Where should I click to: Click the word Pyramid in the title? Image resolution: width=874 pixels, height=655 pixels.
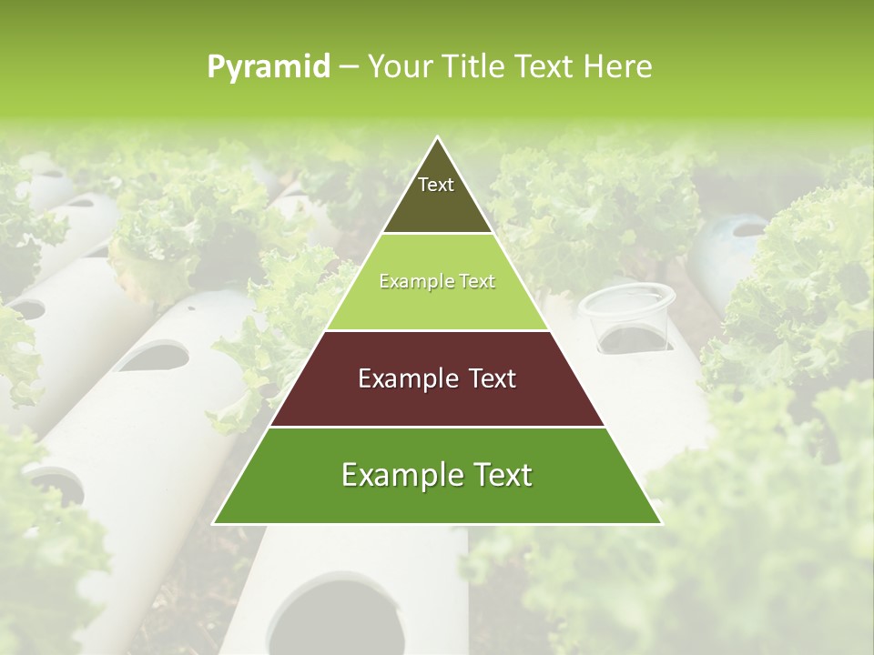269,67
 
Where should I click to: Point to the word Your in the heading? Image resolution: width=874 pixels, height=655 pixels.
398,66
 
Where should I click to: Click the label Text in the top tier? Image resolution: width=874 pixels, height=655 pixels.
436,185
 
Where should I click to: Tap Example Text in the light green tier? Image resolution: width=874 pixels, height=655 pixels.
437,281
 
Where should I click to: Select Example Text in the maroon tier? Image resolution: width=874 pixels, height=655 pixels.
437,378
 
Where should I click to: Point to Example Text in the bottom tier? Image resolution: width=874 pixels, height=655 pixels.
437,475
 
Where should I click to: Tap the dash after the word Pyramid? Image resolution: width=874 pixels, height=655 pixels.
349,67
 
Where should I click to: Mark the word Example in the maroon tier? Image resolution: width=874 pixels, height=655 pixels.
407,378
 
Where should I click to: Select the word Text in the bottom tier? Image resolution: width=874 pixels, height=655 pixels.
496,475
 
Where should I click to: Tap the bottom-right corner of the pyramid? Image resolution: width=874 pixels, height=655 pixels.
661,523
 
